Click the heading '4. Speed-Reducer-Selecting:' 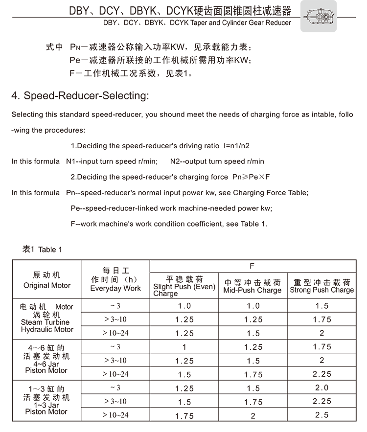pos(80,95)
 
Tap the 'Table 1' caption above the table pos(43,250)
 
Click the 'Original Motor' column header pos(47,285)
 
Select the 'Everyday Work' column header pos(115,288)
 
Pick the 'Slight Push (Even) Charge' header pos(184,287)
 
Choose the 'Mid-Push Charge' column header pos(252,290)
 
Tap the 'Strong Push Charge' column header pos(321,290)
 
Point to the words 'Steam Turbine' pos(45,322)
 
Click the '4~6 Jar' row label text pos(47,364)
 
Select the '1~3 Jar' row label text pos(47,405)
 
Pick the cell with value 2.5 pos(322,415)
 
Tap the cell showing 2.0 pos(322,387)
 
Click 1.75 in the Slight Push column pos(184,416)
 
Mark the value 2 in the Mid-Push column pos(253,416)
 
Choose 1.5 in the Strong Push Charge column pos(322,306)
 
